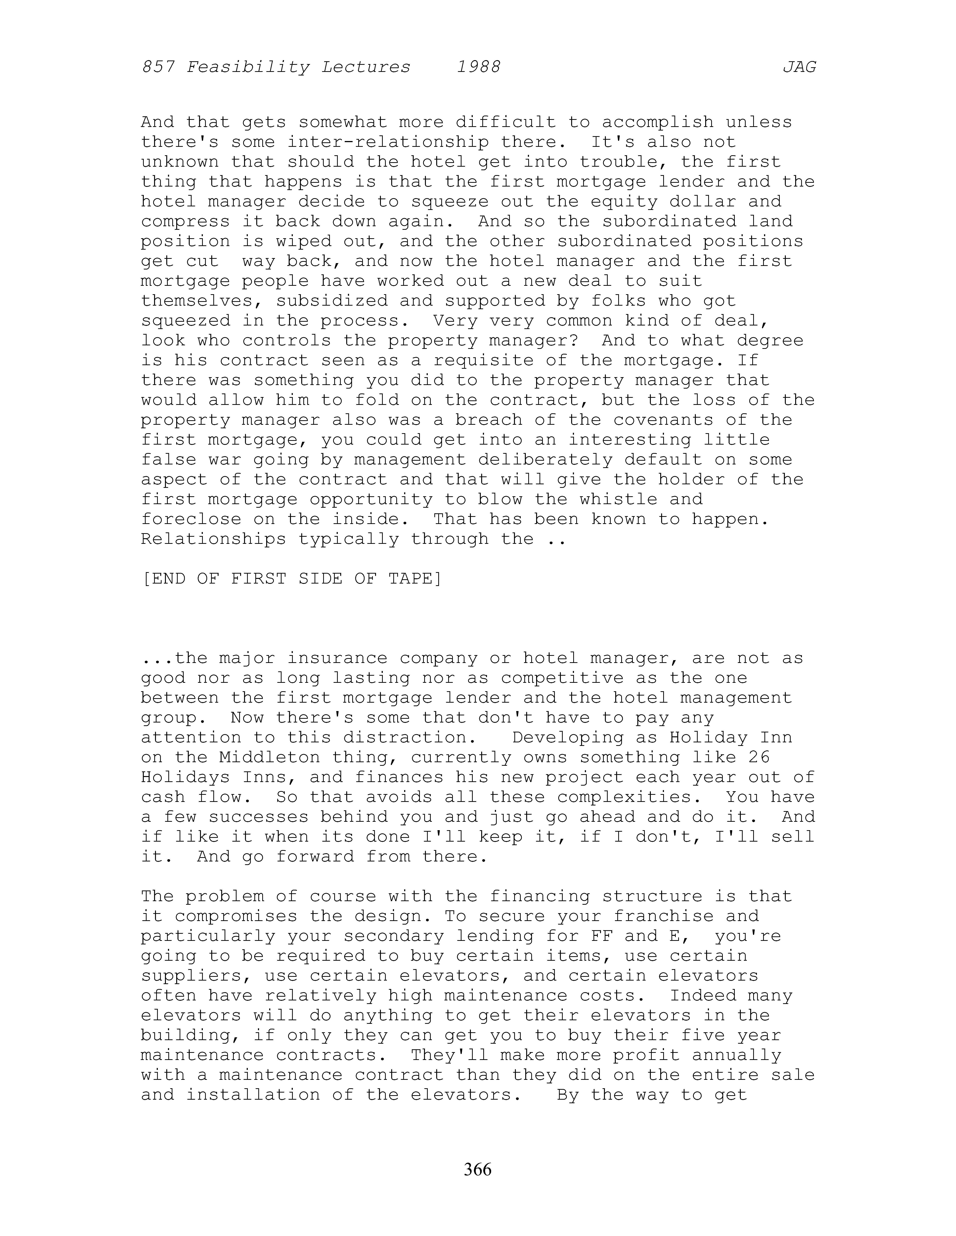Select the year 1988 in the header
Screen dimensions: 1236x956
(x=479, y=67)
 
